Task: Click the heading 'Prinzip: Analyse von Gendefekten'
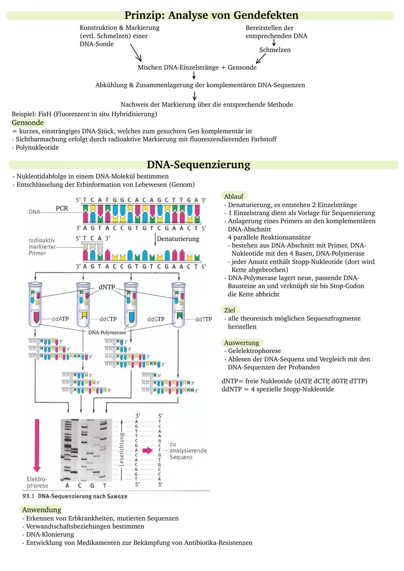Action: pyautogui.click(x=211, y=15)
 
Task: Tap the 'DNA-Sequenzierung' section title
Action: pyautogui.click(x=198, y=165)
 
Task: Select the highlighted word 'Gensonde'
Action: pyautogui.click(x=28, y=123)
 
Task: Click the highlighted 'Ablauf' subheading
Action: pyautogui.click(x=234, y=196)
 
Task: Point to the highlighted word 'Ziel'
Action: pyautogui.click(x=230, y=310)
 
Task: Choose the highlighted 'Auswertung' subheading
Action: pyautogui.click(x=242, y=343)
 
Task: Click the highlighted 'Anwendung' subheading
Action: pyautogui.click(x=42, y=510)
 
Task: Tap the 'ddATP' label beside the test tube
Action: pyautogui.click(x=60, y=319)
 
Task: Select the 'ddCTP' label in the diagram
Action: pyautogui.click(x=108, y=319)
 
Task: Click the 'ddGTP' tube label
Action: pyautogui.click(x=156, y=319)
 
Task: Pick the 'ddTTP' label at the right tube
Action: pyautogui.click(x=203, y=319)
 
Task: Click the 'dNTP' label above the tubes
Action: pyautogui.click(x=107, y=287)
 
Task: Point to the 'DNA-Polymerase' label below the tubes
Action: pyautogui.click(x=107, y=332)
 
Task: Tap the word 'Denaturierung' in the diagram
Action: pyautogui.click(x=178, y=239)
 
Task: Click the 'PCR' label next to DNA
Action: pyautogui.click(x=62, y=208)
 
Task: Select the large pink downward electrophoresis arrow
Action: pyautogui.click(x=37, y=445)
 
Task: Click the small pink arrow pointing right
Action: pyautogui.click(x=148, y=451)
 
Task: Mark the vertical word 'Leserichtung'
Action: pyautogui.click(x=121, y=449)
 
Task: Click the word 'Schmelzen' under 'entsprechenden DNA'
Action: pyautogui.click(x=275, y=50)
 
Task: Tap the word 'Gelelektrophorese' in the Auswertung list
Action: pyautogui.click(x=254, y=351)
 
